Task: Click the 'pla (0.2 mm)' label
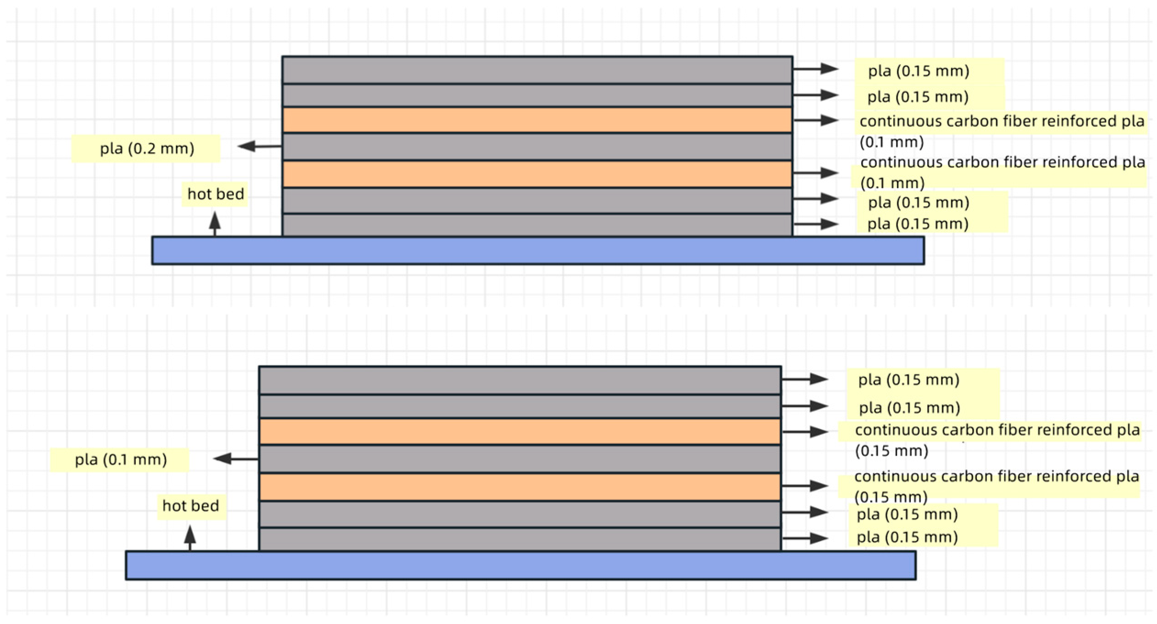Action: click(x=147, y=149)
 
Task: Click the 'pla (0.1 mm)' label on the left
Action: click(x=121, y=459)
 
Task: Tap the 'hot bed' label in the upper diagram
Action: click(x=216, y=194)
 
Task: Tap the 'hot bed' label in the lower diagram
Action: click(x=191, y=506)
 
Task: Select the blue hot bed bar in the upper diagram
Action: click(x=537, y=250)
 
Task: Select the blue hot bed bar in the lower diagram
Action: click(x=520, y=565)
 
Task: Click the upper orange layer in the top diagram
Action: click(x=537, y=120)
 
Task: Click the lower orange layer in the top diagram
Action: click(x=537, y=174)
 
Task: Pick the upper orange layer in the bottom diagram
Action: click(x=520, y=431)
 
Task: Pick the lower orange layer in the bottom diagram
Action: click(x=520, y=487)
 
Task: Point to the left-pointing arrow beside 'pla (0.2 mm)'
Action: click(x=260, y=146)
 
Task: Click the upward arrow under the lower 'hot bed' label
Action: click(x=190, y=537)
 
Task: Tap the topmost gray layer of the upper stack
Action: click(x=537, y=70)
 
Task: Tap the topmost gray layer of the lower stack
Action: click(x=520, y=380)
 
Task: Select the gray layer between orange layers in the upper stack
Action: click(x=537, y=147)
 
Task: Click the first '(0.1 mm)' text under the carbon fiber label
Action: click(x=891, y=142)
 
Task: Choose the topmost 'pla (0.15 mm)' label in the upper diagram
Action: click(x=918, y=71)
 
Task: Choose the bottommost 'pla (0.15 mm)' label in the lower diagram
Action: click(x=907, y=537)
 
